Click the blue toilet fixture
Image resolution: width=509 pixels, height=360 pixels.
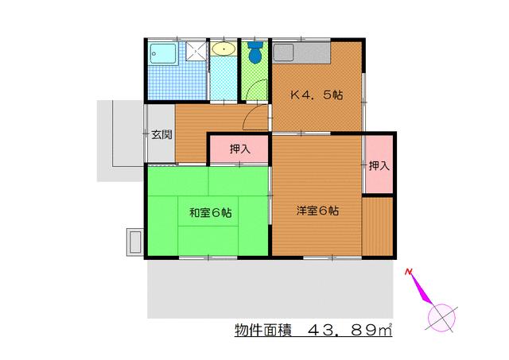tap(254, 52)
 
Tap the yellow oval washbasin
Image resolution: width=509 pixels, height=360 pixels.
tap(223, 50)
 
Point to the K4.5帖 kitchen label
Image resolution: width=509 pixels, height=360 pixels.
tap(316, 95)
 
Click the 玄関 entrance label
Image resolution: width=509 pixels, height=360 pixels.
tap(161, 134)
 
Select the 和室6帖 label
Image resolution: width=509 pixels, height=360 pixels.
tap(210, 213)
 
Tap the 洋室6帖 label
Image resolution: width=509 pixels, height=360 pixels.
tap(318, 211)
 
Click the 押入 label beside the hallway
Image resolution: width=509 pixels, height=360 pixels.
tap(239, 148)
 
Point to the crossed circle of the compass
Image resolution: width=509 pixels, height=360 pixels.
tap(443, 316)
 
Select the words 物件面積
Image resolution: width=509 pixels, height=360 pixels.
tap(262, 329)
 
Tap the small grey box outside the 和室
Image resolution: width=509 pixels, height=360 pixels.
tap(134, 242)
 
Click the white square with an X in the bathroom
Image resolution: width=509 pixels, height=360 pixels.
tap(192, 53)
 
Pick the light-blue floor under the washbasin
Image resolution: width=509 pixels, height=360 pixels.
tap(223, 79)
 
